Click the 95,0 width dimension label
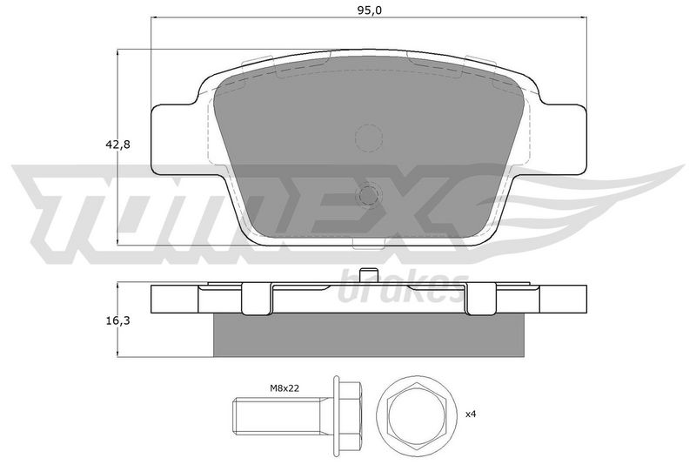point(369,10)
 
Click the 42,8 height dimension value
point(118,145)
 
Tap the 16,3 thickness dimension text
point(118,320)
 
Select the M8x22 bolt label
point(284,388)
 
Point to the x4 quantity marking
point(471,414)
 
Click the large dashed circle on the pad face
point(369,138)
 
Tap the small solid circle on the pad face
point(369,195)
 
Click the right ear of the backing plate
point(563,138)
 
